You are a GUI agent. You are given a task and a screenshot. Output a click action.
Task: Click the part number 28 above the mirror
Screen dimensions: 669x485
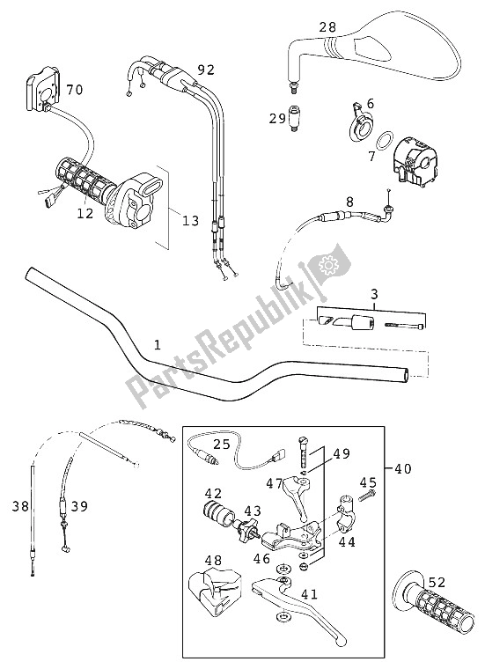coord(327,27)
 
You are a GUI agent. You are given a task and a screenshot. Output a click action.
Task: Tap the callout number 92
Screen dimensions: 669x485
coord(205,69)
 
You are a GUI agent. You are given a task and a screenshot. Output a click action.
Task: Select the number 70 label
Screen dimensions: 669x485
coord(74,90)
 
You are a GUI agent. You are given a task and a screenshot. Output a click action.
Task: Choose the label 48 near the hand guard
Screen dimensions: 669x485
coord(213,561)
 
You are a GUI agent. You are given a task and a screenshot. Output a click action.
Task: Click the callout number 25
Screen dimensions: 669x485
coord(221,445)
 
